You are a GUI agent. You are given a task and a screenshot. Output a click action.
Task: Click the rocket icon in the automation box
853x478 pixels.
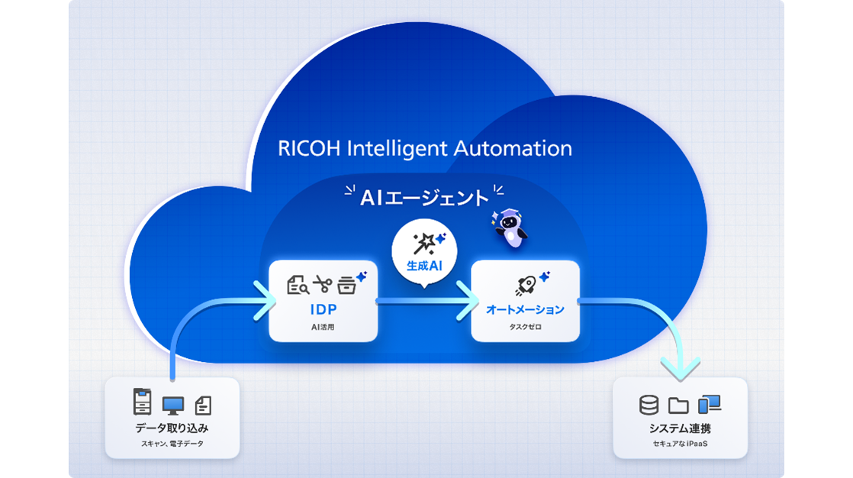pos(525,284)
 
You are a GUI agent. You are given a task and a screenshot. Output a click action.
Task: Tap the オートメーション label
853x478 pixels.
pos(525,309)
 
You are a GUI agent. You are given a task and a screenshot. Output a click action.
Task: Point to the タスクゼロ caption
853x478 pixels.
pos(525,326)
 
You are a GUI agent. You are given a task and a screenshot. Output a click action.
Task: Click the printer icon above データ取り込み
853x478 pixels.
pos(143,402)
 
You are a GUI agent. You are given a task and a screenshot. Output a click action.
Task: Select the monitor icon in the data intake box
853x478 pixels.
pos(172,404)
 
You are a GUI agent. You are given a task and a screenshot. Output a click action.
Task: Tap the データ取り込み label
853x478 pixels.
pos(172,428)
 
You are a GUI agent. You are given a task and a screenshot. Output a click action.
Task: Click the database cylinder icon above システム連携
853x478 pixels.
pos(649,405)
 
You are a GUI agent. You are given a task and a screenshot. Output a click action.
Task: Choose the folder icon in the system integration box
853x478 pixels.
pos(678,405)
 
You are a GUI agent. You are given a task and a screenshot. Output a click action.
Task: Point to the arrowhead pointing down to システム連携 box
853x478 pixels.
pos(679,370)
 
